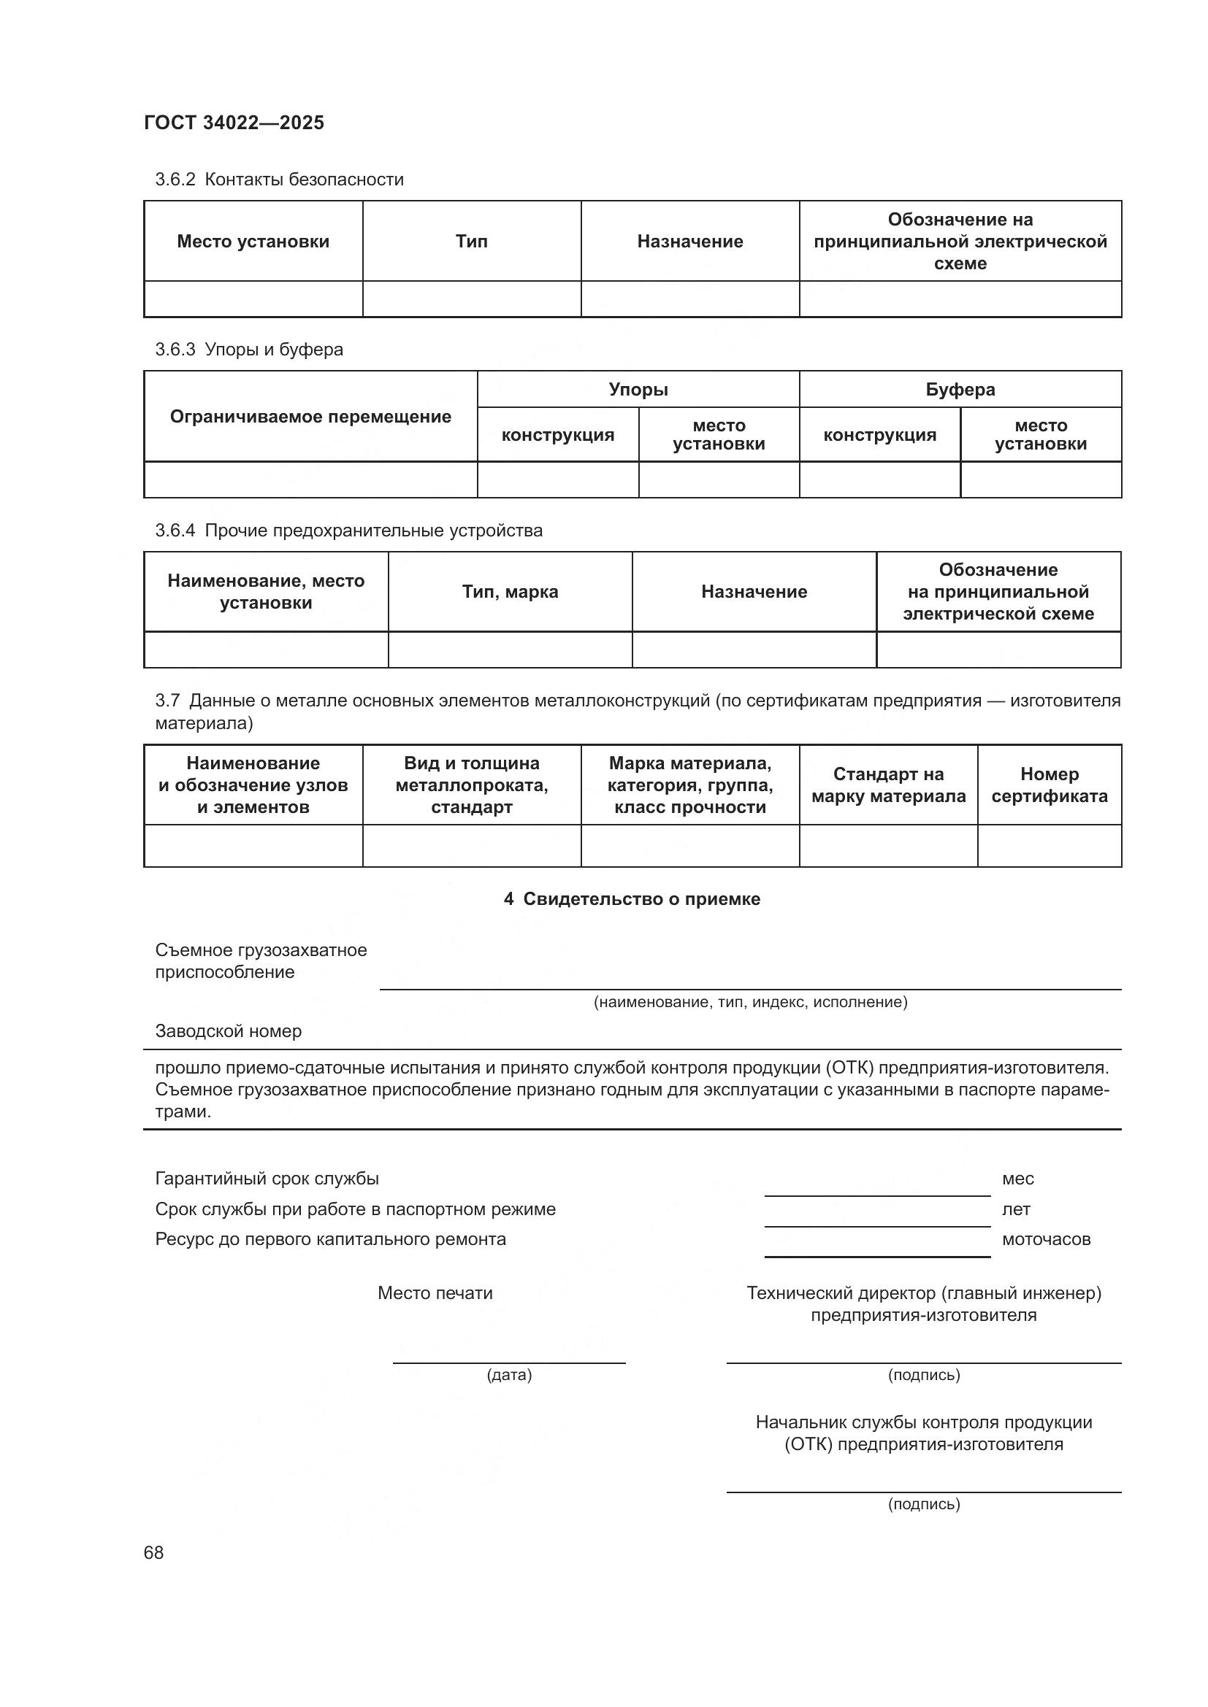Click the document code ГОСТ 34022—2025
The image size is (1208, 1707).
click(234, 123)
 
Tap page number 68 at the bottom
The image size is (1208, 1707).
click(153, 1552)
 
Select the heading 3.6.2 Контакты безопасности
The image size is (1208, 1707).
click(279, 180)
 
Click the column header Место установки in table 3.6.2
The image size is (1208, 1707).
click(253, 241)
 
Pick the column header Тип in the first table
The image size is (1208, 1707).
click(472, 241)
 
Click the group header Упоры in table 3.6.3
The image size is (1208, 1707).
click(638, 390)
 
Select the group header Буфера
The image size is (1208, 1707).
click(960, 390)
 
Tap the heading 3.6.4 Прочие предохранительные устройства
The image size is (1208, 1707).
click(348, 530)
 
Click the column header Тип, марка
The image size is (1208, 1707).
click(510, 592)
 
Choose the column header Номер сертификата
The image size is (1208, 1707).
click(1049, 785)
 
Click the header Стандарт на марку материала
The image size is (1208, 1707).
click(888, 785)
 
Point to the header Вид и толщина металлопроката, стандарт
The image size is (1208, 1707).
click(472, 785)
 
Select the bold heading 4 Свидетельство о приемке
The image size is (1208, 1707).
click(632, 899)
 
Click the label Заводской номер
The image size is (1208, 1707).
click(229, 1031)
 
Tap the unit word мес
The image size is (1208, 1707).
click(1017, 1179)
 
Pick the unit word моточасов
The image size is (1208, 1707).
click(1046, 1239)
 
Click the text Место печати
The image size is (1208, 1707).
click(435, 1293)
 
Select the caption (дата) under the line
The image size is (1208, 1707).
click(509, 1375)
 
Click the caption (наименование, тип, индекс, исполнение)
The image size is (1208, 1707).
click(750, 1002)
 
